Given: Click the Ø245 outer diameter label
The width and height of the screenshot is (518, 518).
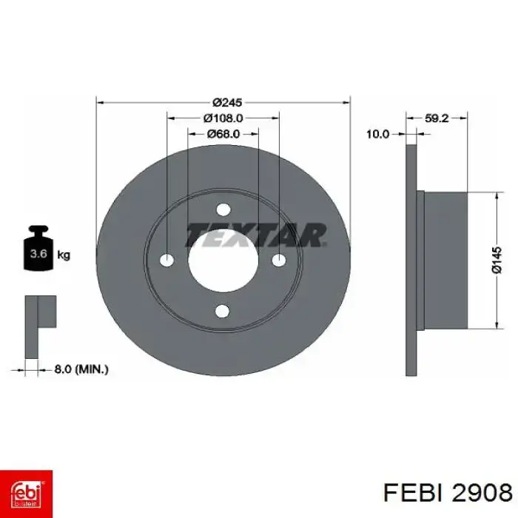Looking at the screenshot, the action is (227, 102).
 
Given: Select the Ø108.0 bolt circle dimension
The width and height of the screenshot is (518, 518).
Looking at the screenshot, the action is (223, 118).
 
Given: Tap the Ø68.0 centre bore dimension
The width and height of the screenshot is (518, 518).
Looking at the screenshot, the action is (223, 134).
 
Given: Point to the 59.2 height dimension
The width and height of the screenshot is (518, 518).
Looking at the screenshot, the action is (437, 118).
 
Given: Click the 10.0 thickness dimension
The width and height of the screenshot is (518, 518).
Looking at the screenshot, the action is (378, 134).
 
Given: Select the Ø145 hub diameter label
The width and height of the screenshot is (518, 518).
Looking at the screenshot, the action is (497, 260).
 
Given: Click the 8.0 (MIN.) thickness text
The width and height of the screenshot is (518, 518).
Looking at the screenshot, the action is (81, 369).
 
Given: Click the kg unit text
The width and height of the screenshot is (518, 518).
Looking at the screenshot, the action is (64, 255).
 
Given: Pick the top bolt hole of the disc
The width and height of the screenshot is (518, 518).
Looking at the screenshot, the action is (223, 209).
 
